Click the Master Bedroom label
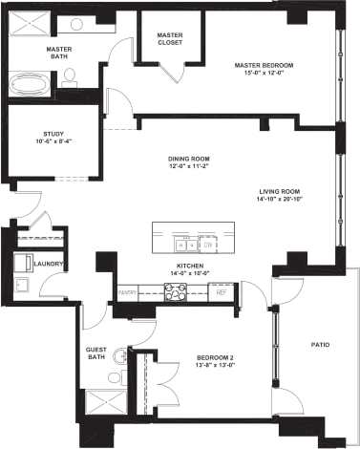[264, 65]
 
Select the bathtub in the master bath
[32, 86]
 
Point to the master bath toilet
[70, 79]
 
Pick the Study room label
[53, 135]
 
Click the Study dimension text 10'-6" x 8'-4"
[53, 143]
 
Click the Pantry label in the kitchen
[127, 291]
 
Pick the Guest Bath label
[96, 354]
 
